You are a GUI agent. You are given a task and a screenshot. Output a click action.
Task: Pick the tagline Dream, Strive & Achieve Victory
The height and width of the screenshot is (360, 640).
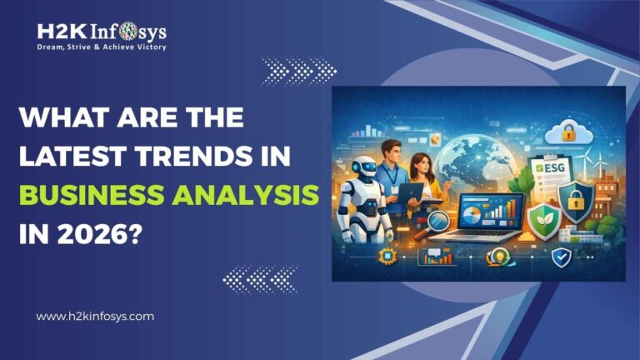tap(102, 47)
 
